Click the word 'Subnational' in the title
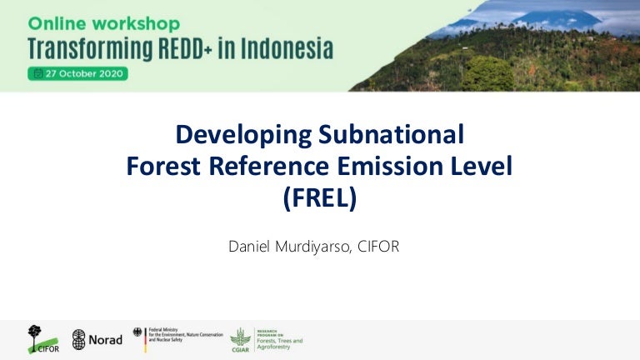(399, 134)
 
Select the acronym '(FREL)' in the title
(319, 200)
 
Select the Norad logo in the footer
(97, 339)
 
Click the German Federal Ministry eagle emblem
(139, 336)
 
